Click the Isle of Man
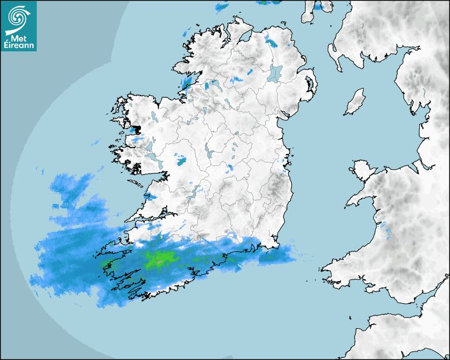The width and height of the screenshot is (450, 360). click(355, 102)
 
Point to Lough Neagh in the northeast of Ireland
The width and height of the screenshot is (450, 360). click(276, 73)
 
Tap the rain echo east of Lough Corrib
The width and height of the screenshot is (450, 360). click(182, 159)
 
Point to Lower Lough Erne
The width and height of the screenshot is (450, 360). click(215, 84)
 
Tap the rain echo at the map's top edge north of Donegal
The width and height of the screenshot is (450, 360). click(222, 7)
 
